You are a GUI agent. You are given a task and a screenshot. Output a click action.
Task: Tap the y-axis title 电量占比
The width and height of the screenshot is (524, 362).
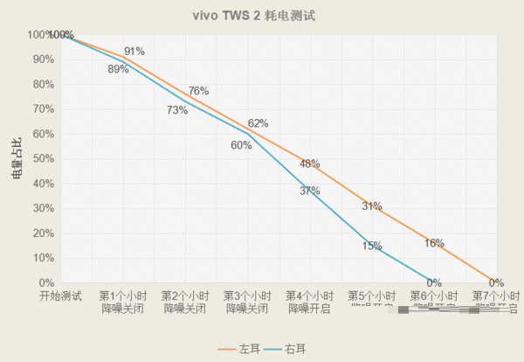pos(17,158)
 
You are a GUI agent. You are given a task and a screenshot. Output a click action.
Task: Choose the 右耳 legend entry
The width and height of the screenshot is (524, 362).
pos(287,348)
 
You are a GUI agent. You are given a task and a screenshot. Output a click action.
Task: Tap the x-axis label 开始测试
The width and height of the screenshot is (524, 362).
pos(60,296)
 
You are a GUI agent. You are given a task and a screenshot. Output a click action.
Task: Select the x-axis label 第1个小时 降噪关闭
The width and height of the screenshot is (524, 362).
pos(122,303)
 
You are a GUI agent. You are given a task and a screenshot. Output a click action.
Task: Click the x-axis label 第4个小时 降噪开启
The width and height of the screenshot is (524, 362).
pos(310,303)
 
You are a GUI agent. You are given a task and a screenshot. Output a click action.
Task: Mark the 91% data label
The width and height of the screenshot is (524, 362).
pos(134,52)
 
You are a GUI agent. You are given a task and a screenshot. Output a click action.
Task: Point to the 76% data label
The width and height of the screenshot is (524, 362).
pos(198,91)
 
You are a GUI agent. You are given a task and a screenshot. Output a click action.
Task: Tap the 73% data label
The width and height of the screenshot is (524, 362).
pos(177,110)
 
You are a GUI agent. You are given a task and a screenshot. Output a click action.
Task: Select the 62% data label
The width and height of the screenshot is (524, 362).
pos(258,123)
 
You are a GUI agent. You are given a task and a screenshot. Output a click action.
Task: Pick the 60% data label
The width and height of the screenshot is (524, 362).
pos(241,145)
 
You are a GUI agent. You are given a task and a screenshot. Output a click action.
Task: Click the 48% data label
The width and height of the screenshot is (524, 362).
pos(310,164)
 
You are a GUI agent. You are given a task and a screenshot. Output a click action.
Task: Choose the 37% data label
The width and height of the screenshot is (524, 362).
pos(310,191)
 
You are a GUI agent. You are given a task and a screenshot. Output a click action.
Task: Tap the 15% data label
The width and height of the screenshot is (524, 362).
pos(372,246)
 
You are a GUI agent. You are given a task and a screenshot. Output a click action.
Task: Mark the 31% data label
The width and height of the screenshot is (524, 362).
pos(372,206)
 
